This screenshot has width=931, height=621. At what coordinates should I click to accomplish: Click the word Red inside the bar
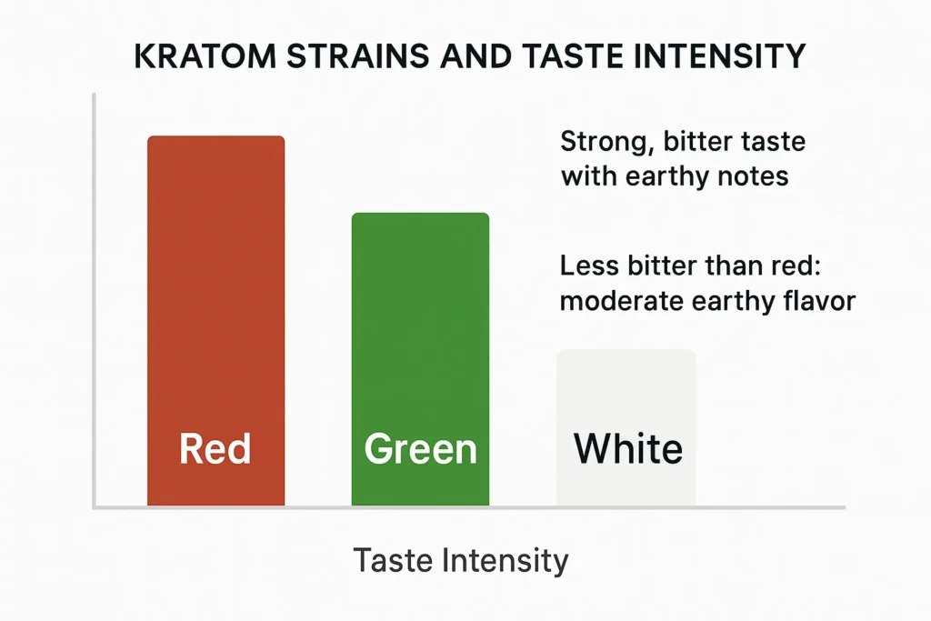click(215, 449)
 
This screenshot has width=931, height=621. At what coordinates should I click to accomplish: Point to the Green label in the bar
click(420, 449)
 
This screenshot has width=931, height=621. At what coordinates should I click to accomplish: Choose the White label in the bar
click(628, 449)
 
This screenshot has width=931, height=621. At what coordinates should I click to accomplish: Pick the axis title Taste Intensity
click(460, 560)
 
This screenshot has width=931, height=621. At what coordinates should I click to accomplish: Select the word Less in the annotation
click(589, 266)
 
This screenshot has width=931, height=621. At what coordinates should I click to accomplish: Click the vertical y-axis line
click(94, 300)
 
